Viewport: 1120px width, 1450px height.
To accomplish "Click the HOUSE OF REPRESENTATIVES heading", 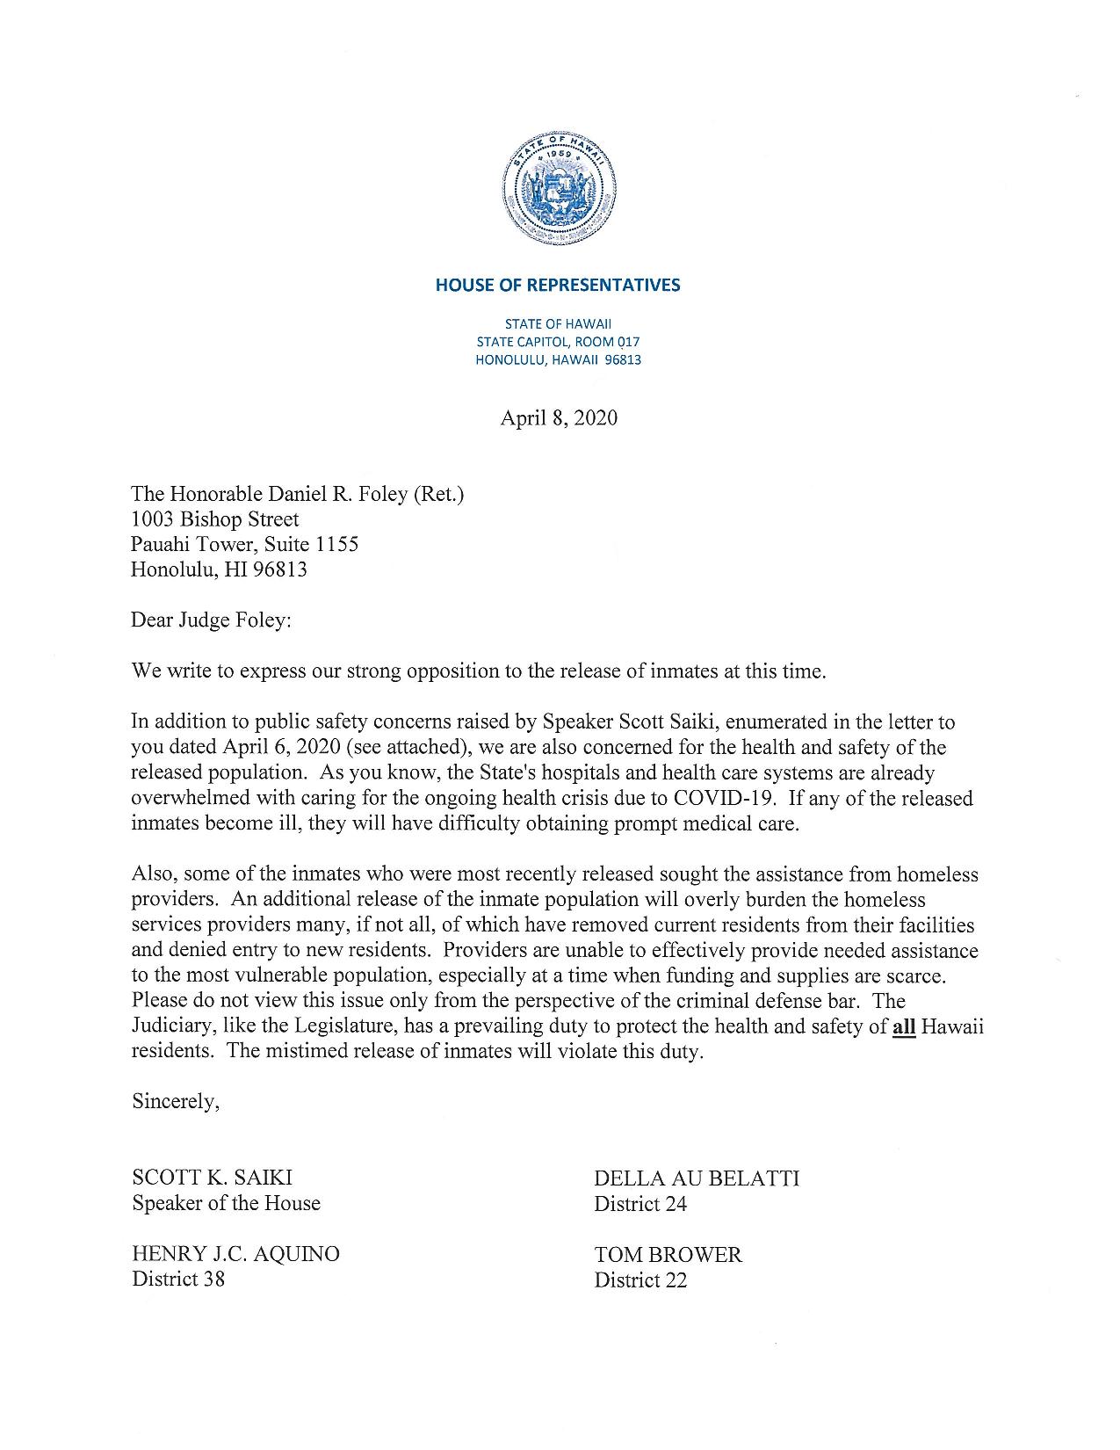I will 558,285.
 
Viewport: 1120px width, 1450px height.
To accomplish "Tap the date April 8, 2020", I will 559,418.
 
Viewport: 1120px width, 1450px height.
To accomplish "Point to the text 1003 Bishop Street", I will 214,519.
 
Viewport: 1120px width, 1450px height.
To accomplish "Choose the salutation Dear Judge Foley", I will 210,620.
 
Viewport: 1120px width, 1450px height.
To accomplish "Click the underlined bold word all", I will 904,1026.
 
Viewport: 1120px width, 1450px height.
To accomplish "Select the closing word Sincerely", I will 176,1101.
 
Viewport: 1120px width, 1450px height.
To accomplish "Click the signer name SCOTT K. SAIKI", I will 213,1178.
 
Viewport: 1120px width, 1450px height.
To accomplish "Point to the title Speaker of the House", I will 226,1203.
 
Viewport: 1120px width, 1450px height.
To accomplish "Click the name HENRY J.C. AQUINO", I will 235,1254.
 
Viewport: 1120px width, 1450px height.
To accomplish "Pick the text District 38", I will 178,1279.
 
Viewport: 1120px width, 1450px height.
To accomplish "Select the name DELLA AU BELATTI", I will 697,1178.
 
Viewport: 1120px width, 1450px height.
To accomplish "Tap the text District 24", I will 640,1204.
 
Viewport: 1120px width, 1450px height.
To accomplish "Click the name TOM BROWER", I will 668,1255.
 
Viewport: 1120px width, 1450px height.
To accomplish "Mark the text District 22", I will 640,1280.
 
